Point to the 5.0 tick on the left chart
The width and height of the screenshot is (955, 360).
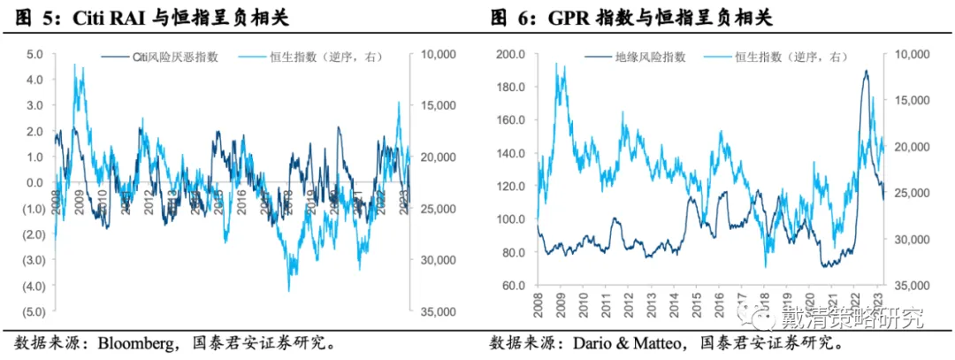34,55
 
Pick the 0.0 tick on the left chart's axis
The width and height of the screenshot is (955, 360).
34,183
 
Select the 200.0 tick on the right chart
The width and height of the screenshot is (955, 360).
511,55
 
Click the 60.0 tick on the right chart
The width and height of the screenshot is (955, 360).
514,286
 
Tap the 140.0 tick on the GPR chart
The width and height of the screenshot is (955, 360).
511,154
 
